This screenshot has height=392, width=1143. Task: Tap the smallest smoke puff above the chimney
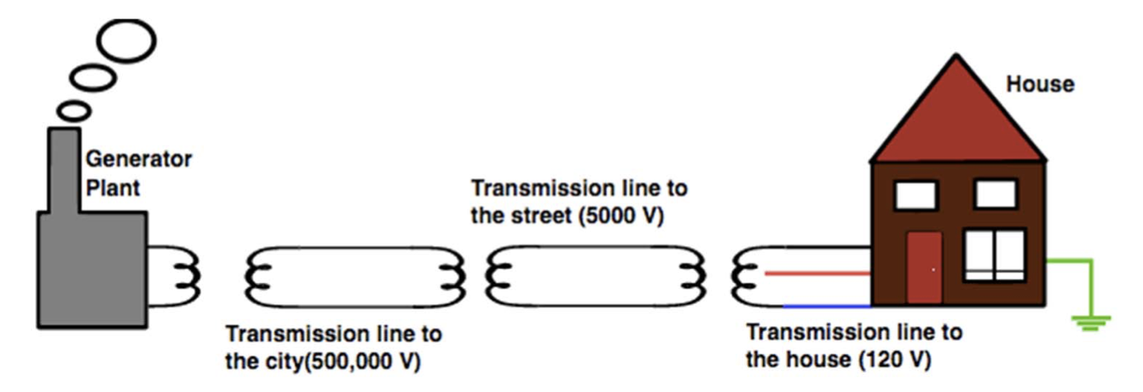[x=74, y=112]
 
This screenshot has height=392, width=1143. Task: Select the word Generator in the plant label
[x=138, y=160]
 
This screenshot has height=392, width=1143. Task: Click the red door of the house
[x=925, y=267]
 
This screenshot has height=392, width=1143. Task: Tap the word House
[x=1040, y=84]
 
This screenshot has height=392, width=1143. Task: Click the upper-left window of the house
[x=915, y=194]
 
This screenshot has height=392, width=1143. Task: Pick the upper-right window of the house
[x=996, y=194]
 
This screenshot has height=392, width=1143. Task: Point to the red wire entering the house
[x=816, y=274]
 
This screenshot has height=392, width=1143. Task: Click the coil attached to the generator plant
[x=189, y=276]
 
